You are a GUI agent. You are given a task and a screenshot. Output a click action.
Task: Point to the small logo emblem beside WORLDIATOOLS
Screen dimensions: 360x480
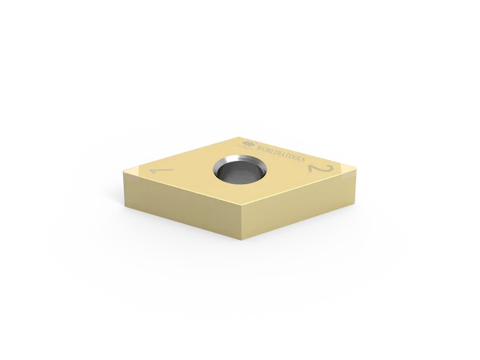[x=246, y=142]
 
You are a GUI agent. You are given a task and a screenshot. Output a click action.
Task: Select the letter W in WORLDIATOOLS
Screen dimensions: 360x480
[x=258, y=145]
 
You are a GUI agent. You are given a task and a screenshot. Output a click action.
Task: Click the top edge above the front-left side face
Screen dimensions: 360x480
[x=180, y=189]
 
